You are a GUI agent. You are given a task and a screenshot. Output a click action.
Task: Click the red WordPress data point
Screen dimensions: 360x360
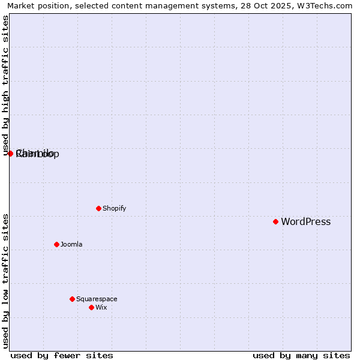275,221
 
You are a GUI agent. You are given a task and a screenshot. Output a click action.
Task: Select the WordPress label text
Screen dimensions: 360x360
305,222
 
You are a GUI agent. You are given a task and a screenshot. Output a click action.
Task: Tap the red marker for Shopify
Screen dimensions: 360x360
98,208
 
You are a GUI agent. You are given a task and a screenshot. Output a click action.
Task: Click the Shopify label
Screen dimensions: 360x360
114,209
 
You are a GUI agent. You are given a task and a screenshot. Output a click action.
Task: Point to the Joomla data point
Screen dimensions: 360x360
56,244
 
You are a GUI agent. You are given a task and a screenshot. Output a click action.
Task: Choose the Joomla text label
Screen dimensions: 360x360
71,245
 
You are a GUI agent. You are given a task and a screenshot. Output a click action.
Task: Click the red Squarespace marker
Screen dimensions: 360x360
72,299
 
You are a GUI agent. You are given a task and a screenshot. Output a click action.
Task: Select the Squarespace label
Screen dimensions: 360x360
97,299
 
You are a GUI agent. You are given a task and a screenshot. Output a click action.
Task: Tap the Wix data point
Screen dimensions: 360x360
91,307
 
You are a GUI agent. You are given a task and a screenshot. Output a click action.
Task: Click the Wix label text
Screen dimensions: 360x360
101,308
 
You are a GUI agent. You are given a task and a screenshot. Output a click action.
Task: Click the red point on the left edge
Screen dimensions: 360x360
10,154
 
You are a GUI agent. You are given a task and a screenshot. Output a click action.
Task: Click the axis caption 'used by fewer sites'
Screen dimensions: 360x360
62,355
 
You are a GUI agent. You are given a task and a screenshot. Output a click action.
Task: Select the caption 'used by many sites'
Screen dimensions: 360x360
301,355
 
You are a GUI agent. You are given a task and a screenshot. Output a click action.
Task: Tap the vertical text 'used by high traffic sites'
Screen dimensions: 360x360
6,85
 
